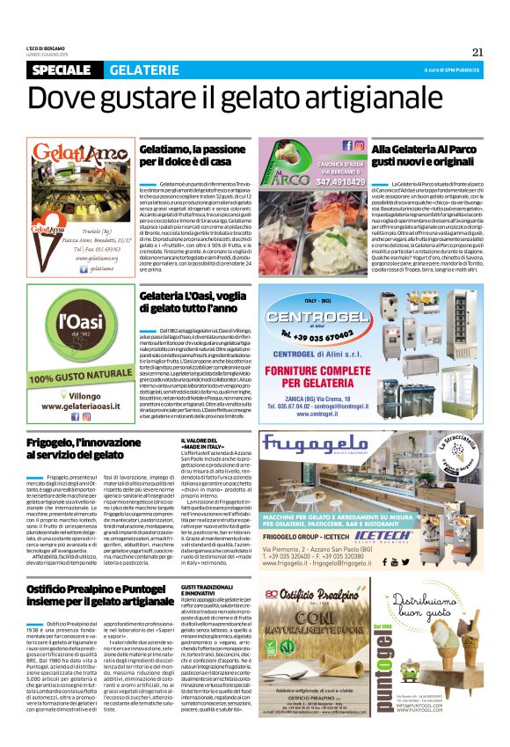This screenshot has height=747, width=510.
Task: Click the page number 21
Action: coord(477,52)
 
